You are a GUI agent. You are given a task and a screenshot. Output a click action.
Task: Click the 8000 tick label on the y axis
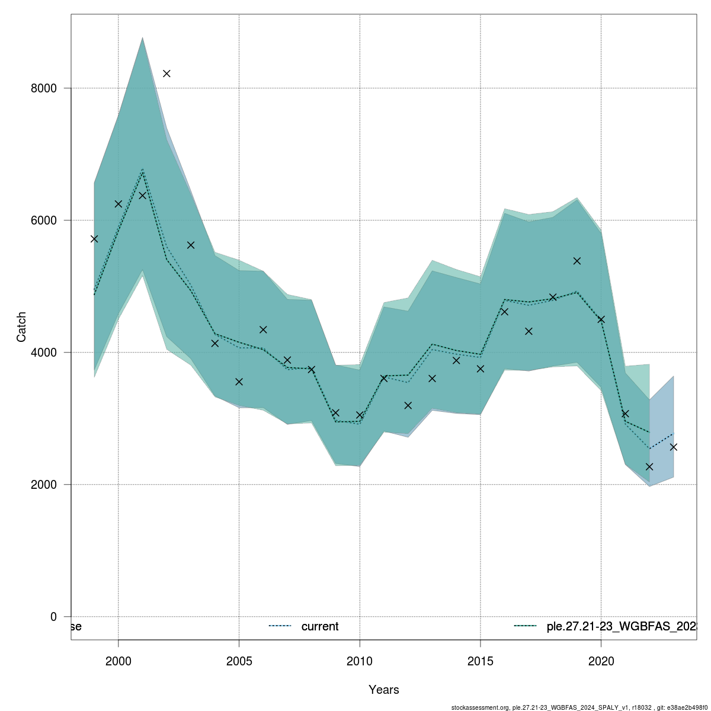[44, 88]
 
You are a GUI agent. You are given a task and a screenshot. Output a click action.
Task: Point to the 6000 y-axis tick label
[44, 220]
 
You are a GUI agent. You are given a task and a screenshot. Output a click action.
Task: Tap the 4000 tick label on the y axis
[44, 353]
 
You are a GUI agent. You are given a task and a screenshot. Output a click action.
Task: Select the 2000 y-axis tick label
[44, 485]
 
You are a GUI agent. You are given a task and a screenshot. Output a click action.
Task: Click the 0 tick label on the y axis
[53, 617]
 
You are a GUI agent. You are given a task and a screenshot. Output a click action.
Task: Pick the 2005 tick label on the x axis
[239, 661]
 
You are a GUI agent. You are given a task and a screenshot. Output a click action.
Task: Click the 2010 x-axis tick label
[360, 661]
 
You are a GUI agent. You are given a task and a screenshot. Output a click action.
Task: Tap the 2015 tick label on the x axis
[481, 661]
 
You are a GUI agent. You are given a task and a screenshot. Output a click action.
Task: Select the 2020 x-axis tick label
[601, 661]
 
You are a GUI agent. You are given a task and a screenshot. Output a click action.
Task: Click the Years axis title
[383, 690]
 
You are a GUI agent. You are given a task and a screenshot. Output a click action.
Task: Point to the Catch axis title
[21, 326]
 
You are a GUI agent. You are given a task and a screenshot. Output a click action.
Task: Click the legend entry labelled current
[320, 626]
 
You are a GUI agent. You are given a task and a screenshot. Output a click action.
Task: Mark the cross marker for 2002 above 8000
[166, 73]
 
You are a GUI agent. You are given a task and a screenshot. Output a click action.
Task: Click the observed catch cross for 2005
[239, 382]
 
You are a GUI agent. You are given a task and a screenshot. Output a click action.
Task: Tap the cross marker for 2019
[577, 261]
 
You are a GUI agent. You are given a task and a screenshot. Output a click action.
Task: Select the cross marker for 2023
[674, 447]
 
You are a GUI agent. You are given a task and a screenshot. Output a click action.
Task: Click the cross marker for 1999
[94, 239]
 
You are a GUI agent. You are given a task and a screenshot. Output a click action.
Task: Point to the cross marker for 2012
[408, 405]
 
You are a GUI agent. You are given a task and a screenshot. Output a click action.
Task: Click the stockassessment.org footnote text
[580, 707]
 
